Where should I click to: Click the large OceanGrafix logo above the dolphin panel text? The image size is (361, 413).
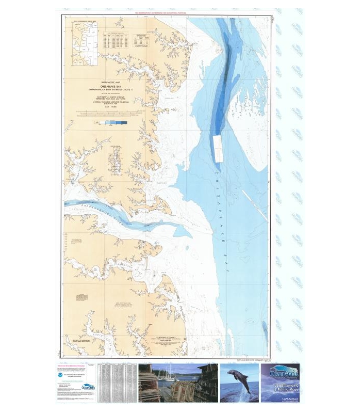[x=282, y=373]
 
